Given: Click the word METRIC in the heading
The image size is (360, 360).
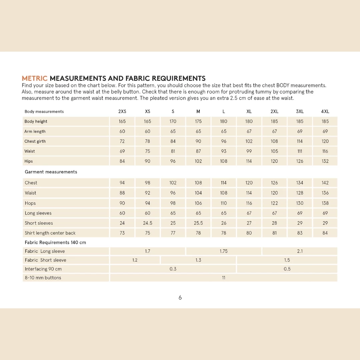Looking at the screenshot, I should pos(35,79).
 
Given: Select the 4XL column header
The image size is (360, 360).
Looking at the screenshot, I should pos(325,112).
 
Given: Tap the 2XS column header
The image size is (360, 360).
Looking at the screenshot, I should pos(122,112).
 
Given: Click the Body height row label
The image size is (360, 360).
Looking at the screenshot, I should pos(36,122).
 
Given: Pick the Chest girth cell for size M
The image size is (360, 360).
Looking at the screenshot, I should pos(198,141).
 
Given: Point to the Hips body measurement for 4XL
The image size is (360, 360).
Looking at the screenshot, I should pos(325,161).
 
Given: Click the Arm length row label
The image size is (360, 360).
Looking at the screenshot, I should pos(35,132).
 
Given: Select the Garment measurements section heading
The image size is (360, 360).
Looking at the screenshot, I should pos(51,172).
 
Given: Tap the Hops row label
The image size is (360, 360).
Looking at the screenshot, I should pos(30,203).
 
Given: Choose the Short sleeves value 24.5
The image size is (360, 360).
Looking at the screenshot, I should pos(148,223).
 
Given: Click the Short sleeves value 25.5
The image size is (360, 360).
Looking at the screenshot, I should pos(198,223).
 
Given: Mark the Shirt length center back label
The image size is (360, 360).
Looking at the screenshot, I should pos(50,233).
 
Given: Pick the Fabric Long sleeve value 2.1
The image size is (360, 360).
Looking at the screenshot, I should pos(300,251).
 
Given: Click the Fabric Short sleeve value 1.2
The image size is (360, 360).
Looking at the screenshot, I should pos(135,260).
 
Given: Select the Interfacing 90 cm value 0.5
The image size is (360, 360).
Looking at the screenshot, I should pos(287,269).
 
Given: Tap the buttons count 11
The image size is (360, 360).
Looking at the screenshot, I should pos(224,278).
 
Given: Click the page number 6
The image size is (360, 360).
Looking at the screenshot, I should pos(180,298).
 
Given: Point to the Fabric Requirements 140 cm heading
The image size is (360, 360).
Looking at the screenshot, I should pos(55,243).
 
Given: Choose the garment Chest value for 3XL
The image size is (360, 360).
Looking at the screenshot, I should pos(300,183).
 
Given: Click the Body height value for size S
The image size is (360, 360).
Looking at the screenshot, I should pos(173,122).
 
